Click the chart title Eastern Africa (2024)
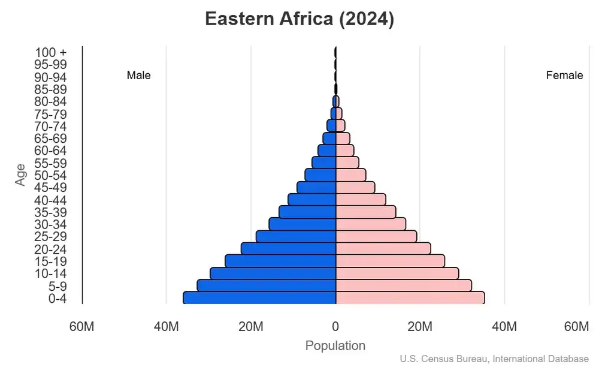[x=299, y=19]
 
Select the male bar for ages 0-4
[x=259, y=298]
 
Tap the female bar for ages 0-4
[x=410, y=298]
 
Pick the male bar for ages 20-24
[x=288, y=248]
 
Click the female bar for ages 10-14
[x=397, y=273]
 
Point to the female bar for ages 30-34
[x=370, y=224]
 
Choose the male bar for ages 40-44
[x=311, y=199]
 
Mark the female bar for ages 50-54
[x=350, y=175]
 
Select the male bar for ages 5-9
[x=267, y=285]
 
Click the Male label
[x=138, y=76]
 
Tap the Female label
[x=564, y=76]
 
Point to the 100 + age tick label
[x=51, y=52]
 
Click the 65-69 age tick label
[x=51, y=139]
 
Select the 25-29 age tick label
[x=51, y=237]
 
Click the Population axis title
[x=335, y=346]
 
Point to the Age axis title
[x=21, y=175]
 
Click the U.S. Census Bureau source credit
[x=494, y=359]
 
